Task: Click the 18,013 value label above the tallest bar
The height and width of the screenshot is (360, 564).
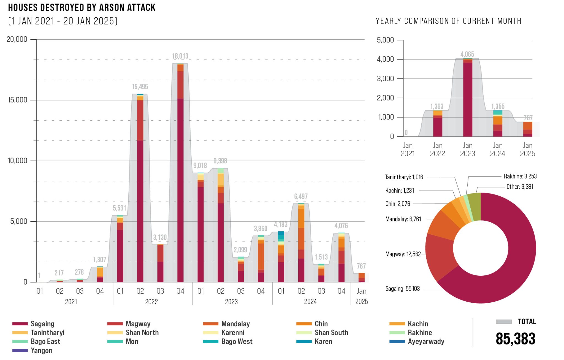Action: [180, 56]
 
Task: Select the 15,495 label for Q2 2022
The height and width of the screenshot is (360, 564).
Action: [140, 87]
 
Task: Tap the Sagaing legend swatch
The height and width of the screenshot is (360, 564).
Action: [20, 324]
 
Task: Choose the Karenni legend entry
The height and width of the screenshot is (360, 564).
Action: [233, 332]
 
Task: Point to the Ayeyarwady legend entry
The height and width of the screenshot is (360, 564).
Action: [426, 342]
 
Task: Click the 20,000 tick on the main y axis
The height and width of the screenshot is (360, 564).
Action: [17, 39]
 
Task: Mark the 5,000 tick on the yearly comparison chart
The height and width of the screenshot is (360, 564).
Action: [385, 40]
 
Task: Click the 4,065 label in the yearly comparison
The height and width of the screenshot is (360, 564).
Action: [467, 54]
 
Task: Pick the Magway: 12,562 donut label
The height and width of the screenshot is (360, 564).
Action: [403, 254]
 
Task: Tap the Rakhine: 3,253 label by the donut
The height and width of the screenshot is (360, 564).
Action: [520, 176]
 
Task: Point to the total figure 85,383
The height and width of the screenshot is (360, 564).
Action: [515, 339]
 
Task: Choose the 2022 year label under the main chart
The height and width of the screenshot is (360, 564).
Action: [151, 302]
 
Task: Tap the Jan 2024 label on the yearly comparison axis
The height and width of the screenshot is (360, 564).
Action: [497, 149]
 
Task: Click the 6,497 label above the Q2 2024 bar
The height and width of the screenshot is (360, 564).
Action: [301, 196]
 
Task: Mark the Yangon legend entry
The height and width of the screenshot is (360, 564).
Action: [41, 350]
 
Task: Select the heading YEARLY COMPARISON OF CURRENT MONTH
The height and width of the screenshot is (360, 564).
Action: [448, 21]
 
